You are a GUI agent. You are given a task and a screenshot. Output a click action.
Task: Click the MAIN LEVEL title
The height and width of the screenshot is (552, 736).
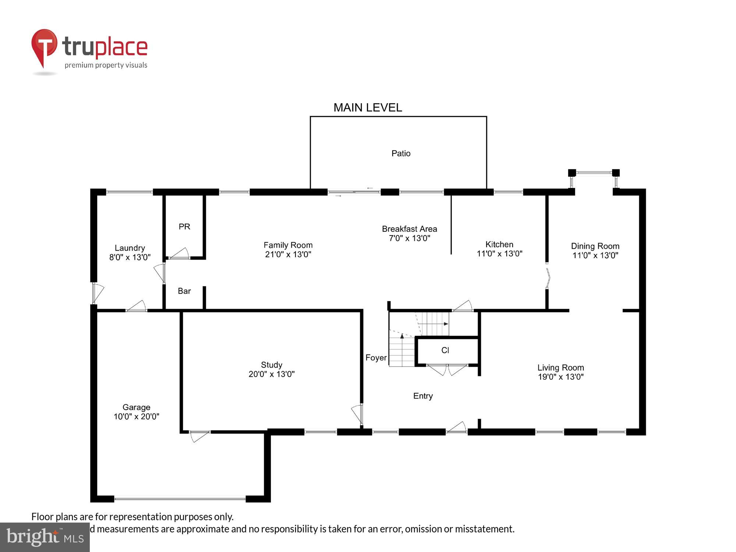pos(367,107)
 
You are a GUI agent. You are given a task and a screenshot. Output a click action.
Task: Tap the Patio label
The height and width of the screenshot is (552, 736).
pos(401,153)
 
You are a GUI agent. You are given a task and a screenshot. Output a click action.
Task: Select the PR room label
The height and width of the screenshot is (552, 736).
pos(184,227)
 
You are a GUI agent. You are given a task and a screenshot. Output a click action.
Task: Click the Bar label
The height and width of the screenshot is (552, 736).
pos(184,291)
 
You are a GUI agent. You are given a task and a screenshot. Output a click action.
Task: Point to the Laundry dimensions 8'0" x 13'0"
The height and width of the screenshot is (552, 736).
pos(130,257)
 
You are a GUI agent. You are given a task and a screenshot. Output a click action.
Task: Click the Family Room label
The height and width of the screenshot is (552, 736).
pos(288,245)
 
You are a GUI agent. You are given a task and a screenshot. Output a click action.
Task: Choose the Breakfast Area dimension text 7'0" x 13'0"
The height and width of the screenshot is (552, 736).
pos(409,238)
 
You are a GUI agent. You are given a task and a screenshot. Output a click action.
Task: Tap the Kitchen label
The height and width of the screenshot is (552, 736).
pos(499,244)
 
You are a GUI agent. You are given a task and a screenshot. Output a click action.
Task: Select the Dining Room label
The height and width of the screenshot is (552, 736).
pos(595,246)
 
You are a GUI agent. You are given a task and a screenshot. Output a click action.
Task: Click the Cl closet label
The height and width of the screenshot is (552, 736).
pos(445,350)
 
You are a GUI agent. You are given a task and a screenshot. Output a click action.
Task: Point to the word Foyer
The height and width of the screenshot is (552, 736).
pos(376,358)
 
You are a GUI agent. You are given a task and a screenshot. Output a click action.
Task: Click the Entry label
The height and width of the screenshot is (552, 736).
pos(423,396)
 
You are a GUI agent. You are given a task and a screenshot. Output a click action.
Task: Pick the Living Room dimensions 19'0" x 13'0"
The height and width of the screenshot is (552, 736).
pos(560,377)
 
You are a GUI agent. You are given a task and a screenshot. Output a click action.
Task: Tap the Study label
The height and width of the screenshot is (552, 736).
pos(272,365)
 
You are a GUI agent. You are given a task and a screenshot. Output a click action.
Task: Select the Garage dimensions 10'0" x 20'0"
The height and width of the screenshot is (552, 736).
pos(136,417)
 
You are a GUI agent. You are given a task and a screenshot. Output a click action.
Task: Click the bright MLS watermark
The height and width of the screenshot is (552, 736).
pos(45,537)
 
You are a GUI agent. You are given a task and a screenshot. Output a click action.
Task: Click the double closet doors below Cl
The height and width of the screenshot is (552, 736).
pos(447,369)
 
